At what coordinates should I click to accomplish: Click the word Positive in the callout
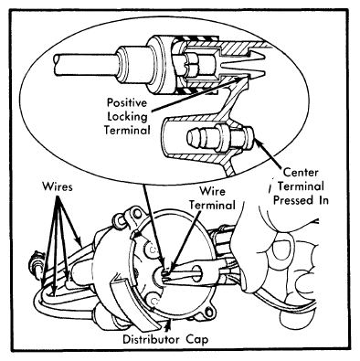[127, 102]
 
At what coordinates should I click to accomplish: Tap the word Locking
[128, 116]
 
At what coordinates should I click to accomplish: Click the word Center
[301, 173]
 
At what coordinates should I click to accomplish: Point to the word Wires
[58, 186]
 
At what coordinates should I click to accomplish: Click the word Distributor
[151, 339]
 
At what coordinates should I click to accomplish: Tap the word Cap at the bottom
[196, 340]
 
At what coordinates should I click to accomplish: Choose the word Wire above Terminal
[212, 191]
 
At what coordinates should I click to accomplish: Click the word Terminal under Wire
[212, 205]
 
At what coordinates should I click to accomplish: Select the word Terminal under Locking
[127, 130]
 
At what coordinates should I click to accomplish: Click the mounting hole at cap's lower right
[208, 313]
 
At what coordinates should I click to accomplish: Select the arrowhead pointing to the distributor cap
[167, 326]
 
